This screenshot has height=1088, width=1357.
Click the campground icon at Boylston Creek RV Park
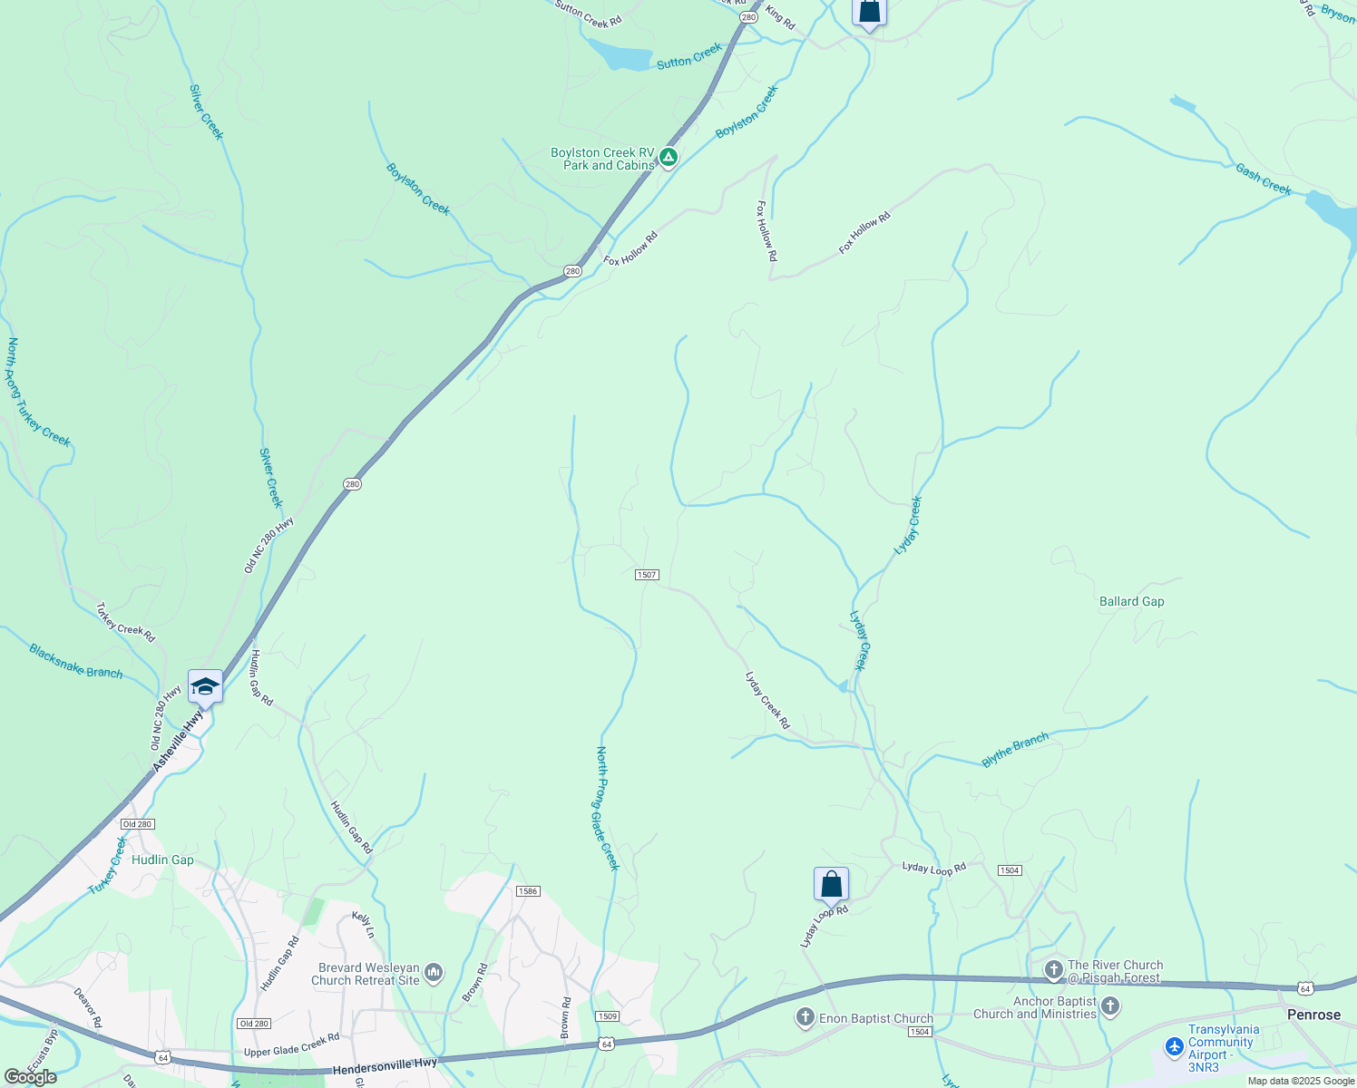(x=669, y=159)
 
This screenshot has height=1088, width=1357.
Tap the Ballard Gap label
(x=1131, y=601)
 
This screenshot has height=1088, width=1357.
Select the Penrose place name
(x=1313, y=1015)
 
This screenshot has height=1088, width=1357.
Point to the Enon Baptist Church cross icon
(x=805, y=1018)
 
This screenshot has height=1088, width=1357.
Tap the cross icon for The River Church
(x=1053, y=970)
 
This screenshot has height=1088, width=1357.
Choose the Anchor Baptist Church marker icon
(x=1110, y=1006)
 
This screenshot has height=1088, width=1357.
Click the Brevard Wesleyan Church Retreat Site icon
(x=434, y=974)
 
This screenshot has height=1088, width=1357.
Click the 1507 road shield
(x=647, y=575)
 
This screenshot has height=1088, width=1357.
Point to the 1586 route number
(x=528, y=891)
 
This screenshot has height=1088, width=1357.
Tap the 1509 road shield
(x=608, y=1016)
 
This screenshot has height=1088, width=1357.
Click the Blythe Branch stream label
(x=1015, y=750)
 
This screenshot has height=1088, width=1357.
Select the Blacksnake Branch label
(x=75, y=661)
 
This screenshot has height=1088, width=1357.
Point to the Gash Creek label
(x=1263, y=179)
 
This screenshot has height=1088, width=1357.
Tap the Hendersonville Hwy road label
(x=385, y=1066)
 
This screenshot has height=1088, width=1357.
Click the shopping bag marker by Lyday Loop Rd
(x=831, y=884)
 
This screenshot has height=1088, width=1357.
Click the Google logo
(x=31, y=1077)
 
